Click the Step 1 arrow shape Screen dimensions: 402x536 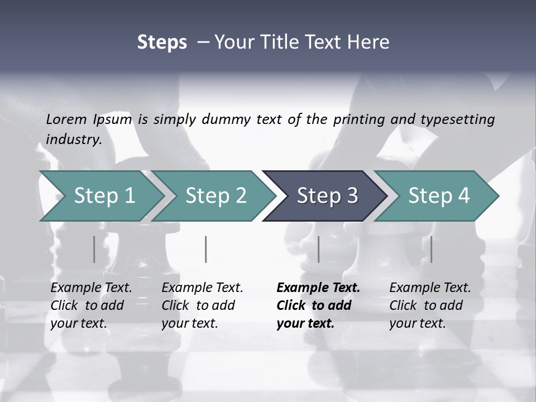tap(104, 196)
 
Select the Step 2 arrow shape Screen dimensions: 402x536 tap(216, 196)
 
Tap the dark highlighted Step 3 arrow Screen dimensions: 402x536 tap(327, 196)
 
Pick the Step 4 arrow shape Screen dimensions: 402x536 tap(438, 196)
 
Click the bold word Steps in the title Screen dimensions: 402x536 tap(162, 42)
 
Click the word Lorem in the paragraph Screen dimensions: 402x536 tap(66, 119)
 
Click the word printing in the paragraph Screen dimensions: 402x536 tap(359, 119)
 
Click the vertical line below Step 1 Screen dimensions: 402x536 tap(94, 249)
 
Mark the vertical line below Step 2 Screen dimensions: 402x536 tap(206, 249)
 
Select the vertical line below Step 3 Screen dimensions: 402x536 tap(318, 249)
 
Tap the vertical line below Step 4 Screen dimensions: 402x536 tap(431, 249)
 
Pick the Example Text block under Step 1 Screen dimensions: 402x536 tap(91, 305)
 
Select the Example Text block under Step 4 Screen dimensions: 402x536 tap(429, 305)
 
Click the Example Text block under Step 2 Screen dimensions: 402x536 tap(202, 305)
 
